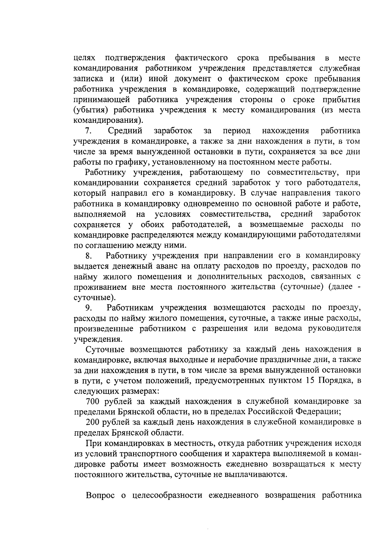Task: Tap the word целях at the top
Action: click(84, 58)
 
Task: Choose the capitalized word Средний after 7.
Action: click(125, 131)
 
